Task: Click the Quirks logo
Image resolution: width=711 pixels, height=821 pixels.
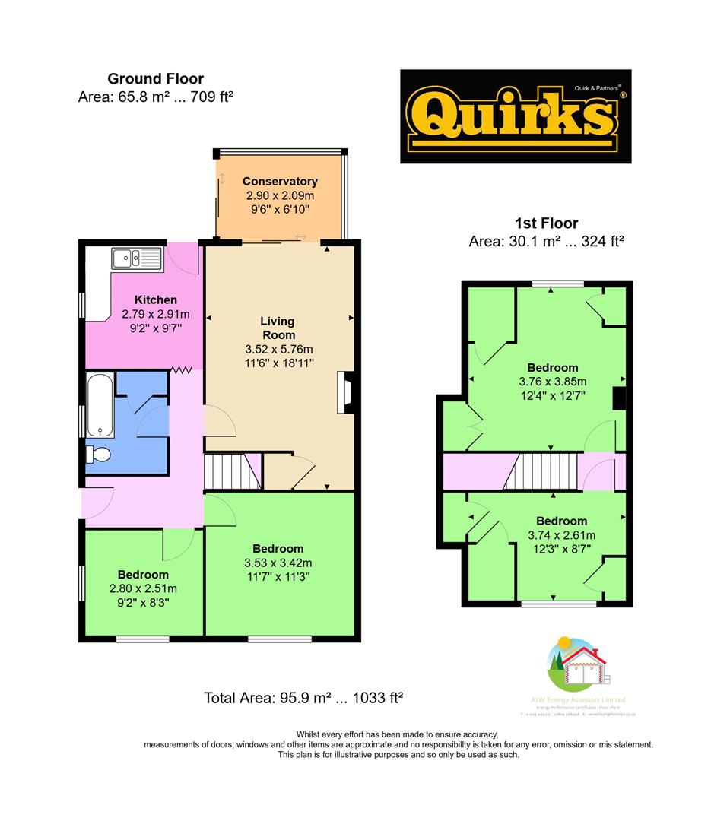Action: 516,116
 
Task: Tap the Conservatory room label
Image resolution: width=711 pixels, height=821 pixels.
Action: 280,181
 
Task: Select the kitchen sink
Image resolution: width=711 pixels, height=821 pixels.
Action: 136,258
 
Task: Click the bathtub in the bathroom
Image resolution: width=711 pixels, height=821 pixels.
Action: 100,406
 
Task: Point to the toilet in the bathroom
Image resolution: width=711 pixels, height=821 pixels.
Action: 99,455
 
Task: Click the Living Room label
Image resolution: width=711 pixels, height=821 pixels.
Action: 277,328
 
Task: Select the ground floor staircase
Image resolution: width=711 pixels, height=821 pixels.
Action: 233,472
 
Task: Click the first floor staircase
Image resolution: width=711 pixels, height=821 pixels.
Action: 539,472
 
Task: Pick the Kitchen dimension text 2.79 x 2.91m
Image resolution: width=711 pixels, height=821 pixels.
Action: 155,314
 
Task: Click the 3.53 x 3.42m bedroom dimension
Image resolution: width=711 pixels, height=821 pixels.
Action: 278,563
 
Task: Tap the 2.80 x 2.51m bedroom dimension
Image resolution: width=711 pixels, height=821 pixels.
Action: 143,588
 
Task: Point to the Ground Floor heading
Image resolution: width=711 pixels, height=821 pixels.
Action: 155,78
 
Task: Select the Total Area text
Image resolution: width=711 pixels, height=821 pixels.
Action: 303,698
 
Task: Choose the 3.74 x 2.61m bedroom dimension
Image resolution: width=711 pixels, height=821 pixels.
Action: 561,534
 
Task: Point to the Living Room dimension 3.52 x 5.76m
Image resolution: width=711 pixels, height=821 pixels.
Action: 278,349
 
